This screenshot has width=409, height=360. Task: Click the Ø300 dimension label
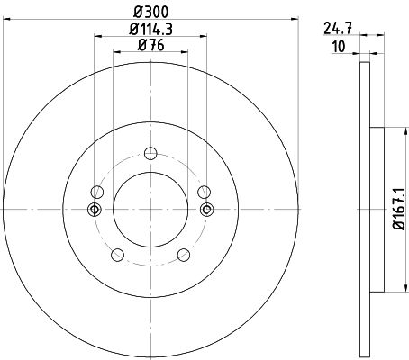point(151,12)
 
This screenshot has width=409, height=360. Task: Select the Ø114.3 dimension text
point(150,30)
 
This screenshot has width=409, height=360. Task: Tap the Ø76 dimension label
point(151,45)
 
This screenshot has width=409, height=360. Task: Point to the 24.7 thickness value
point(338,29)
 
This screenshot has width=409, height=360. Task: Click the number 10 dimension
point(339,47)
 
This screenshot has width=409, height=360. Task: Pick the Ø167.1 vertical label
point(399,210)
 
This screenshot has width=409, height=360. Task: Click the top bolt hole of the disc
point(150,153)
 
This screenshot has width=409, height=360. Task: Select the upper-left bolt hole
point(97,192)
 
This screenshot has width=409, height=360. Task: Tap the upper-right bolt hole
point(204,192)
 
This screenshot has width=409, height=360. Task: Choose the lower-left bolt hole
point(117,255)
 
